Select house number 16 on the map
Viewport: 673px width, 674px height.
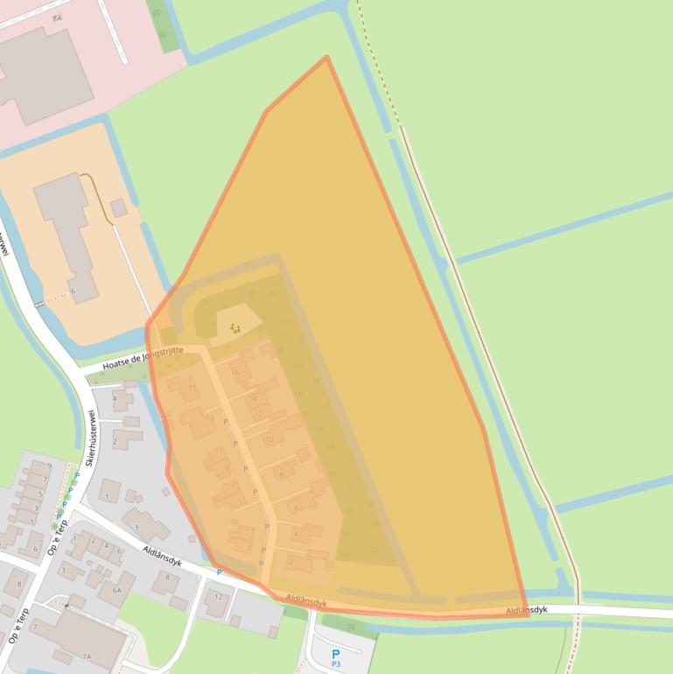[x=235, y=373]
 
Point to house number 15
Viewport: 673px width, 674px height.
[x=193, y=388]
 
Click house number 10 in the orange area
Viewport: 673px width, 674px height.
[x=269, y=439]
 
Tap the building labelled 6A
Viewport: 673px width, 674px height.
[x=116, y=591]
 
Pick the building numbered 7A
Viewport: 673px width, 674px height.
[x=86, y=656]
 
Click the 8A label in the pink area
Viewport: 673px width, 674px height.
[x=57, y=18]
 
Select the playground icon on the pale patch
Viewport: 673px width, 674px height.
[x=235, y=328]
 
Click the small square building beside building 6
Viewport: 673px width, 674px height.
[x=118, y=207]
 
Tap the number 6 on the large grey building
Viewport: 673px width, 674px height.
[x=73, y=291]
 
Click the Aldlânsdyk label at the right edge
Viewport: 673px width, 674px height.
[x=527, y=609]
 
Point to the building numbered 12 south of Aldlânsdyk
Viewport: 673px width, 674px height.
[x=219, y=598]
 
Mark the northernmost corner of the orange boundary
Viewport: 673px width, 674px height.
[x=326, y=57]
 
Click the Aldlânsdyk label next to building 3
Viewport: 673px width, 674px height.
[x=162, y=557]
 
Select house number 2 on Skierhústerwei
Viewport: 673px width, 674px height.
[x=115, y=441]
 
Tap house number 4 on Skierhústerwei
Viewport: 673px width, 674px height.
[x=115, y=399]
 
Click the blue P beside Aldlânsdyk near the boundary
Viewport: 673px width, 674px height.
[x=219, y=572]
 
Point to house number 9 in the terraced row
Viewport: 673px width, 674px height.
[x=227, y=468]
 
